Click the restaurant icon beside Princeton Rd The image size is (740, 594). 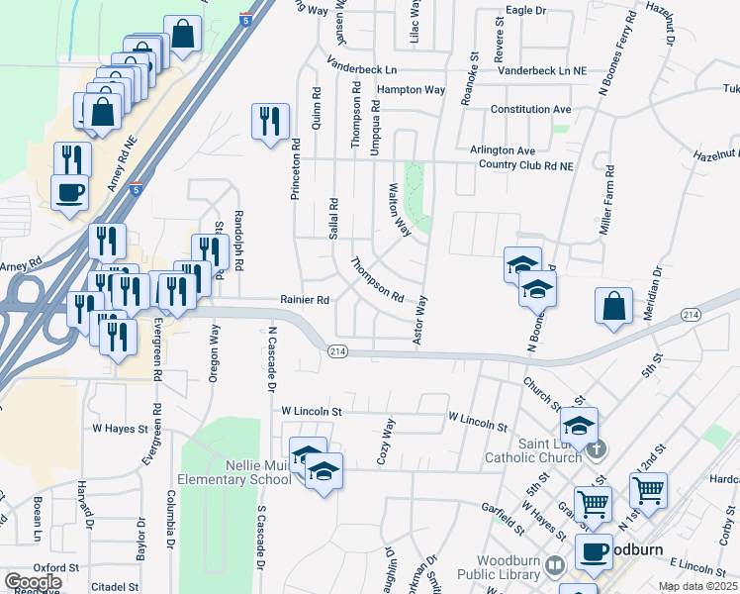[270, 122]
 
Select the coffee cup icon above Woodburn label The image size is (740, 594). [594, 552]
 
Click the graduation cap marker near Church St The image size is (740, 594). [580, 427]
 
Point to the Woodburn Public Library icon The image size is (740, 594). [555, 564]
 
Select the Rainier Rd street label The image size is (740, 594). [304, 299]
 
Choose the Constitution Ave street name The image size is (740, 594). [531, 108]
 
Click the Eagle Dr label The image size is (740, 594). [525, 10]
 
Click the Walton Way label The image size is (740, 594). [400, 209]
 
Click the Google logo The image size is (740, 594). [33, 582]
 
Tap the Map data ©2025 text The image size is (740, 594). [697, 586]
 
